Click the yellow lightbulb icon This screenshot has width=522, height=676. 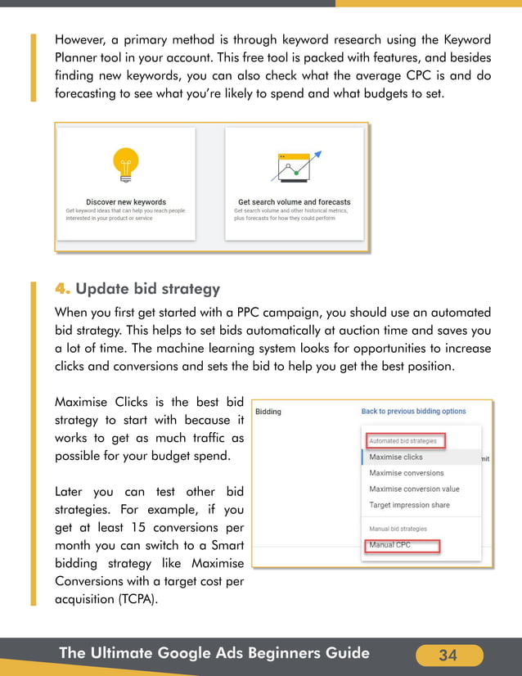pos(126,165)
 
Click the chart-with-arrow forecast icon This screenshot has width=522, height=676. pos(295,168)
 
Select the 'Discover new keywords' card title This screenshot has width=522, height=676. pos(126,202)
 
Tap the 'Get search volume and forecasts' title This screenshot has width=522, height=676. pos(294,202)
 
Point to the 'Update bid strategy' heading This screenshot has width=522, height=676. pos(148,290)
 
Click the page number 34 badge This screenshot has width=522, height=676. pos(448,655)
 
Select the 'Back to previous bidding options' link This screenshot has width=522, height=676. pos(413,412)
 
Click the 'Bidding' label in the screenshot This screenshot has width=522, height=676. pos(268,412)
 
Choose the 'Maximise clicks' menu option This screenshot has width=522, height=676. pos(396,457)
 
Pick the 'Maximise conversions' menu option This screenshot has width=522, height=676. pos(407,473)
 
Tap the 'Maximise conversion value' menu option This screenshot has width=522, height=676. pos(414,489)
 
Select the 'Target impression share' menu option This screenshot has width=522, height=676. pos(409,505)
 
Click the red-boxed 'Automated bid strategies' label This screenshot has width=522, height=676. pos(403,441)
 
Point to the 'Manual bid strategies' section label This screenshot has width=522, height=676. pos(398,529)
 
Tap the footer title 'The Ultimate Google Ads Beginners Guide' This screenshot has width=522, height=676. pos(214,653)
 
